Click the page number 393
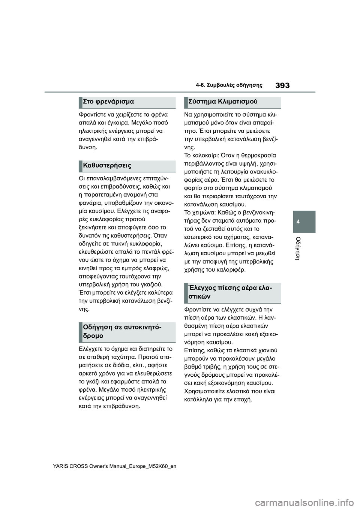click(x=282, y=85)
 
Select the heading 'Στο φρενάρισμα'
click(x=108, y=102)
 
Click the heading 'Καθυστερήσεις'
click(x=107, y=165)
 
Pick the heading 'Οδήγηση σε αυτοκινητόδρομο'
click(x=122, y=331)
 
